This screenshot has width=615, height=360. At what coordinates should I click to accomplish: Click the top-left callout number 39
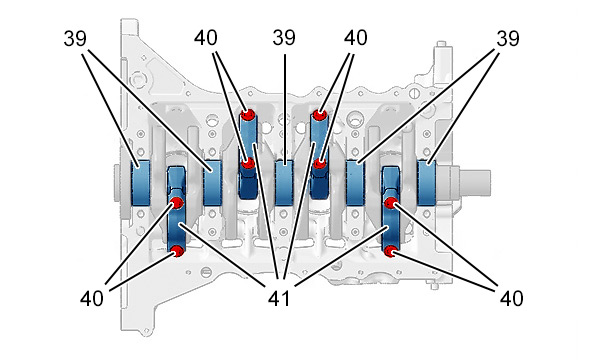pyautogui.click(x=75, y=38)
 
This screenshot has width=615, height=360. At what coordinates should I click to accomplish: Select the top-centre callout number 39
pyautogui.click(x=284, y=38)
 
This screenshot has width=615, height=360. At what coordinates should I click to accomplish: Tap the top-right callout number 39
pyautogui.click(x=508, y=38)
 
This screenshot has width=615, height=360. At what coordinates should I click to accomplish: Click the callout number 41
pyautogui.click(x=279, y=298)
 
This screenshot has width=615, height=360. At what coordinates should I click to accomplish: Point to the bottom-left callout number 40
pyautogui.click(x=92, y=298)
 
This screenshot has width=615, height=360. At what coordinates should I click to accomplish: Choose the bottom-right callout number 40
pyautogui.click(x=511, y=298)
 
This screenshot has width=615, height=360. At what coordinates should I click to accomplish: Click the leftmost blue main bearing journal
pyautogui.click(x=140, y=183)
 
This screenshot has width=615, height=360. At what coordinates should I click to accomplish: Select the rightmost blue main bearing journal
pyautogui.click(x=426, y=183)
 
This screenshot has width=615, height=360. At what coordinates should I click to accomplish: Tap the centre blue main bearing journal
pyautogui.click(x=284, y=183)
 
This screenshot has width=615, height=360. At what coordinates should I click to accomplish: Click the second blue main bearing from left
pyautogui.click(x=213, y=183)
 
